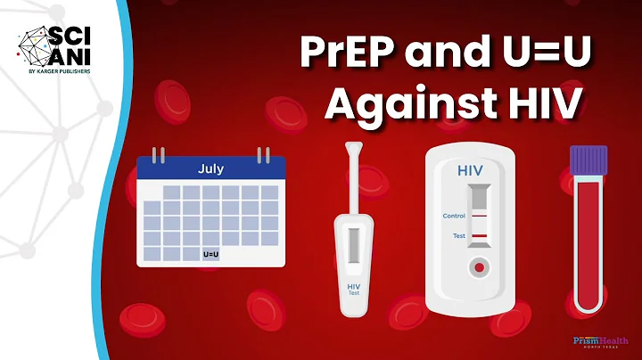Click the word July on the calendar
coord(210,167)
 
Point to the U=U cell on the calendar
coord(211,253)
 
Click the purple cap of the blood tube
coord(588,160)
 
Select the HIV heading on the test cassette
coord(471,169)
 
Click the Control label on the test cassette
coord(454,217)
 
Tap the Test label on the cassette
coord(458,236)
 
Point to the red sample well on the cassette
coord(479,266)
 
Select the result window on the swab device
coord(353,241)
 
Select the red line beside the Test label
coord(480,236)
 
